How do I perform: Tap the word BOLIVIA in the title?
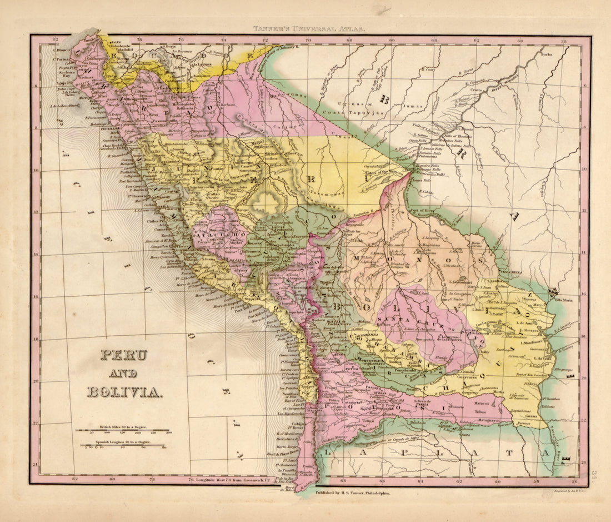[x=124, y=392]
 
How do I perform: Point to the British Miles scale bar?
[x=123, y=430]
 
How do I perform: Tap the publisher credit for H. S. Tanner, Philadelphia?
[x=352, y=493]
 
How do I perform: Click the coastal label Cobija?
[x=283, y=422]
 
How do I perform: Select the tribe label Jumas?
[x=410, y=111]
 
